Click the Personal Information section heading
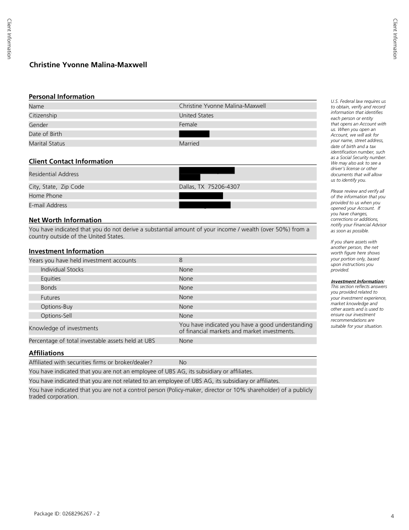(62, 96)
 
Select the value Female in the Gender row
(188, 124)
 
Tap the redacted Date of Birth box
(194, 134)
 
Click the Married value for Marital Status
(189, 144)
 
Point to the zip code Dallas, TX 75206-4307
(210, 187)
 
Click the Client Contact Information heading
(71, 161)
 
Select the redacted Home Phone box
(200, 196)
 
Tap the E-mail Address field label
(48, 205)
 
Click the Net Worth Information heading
(65, 220)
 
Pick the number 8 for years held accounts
(180, 260)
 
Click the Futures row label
(50, 298)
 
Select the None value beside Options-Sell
(185, 316)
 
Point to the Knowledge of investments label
(63, 328)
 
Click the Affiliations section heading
(46, 353)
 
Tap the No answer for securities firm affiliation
(182, 362)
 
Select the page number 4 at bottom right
(392, 516)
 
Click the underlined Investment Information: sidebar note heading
(357, 282)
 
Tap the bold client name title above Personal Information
(88, 65)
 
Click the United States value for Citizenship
(196, 115)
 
